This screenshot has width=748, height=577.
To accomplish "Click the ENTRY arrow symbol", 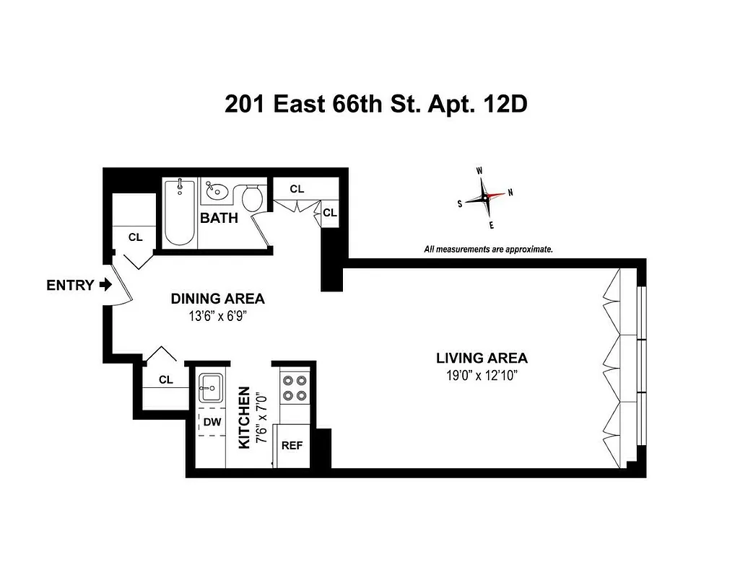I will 105,285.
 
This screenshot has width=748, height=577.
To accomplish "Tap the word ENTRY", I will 69,285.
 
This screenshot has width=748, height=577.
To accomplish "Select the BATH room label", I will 219,218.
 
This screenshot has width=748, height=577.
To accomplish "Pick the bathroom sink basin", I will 216,192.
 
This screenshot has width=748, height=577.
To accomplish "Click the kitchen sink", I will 211,387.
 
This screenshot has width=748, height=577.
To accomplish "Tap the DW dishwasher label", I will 212,422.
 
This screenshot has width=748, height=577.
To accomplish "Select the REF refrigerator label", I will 292,445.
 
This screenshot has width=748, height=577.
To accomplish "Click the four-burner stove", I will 293,387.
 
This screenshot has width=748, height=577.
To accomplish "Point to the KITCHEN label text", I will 244,418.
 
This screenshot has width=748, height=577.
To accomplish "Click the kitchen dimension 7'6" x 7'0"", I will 262,418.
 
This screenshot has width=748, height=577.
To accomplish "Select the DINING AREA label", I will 217,299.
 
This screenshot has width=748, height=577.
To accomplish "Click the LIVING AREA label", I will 482,358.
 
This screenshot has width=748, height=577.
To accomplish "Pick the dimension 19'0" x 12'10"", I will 482,374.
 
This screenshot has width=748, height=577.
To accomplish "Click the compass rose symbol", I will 485,198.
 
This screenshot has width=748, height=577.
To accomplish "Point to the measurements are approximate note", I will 488,249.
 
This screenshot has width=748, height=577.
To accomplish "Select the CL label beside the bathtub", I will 135,237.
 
